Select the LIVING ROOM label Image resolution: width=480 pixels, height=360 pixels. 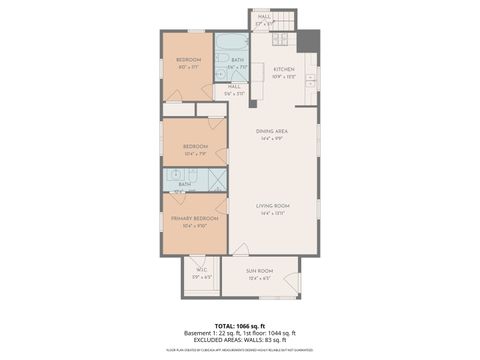pyautogui.click(x=272, y=206)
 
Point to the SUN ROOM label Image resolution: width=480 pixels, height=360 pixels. pyautogui.click(x=259, y=271)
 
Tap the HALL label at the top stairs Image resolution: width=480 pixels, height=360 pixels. pyautogui.click(x=264, y=17)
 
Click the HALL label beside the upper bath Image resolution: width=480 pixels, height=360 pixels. pyautogui.click(x=233, y=86)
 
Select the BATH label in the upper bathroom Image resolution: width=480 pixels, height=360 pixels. pyautogui.click(x=237, y=60)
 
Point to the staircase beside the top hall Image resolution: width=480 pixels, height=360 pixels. pyautogui.click(x=287, y=20)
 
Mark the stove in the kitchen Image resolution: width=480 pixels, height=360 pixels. pyautogui.click(x=281, y=41)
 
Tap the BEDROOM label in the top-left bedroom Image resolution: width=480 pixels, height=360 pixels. pyautogui.click(x=188, y=60)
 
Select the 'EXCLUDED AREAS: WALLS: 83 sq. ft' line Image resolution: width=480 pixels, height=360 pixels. pyautogui.click(x=240, y=340)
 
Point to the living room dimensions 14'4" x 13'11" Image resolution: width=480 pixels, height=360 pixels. pyautogui.click(x=272, y=214)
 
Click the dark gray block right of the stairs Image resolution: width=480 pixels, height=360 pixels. pyautogui.click(x=309, y=41)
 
